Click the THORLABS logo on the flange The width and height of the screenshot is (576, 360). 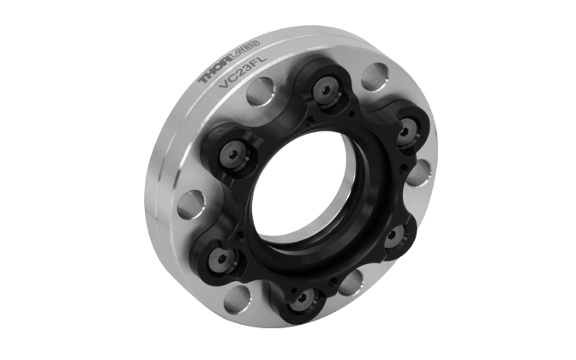[229, 62]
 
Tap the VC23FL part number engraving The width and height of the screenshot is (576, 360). [243, 71]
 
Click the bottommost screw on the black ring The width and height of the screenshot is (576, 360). [304, 300]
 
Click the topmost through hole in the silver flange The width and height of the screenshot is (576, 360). [375, 76]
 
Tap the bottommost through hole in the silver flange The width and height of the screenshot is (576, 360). [237, 299]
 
